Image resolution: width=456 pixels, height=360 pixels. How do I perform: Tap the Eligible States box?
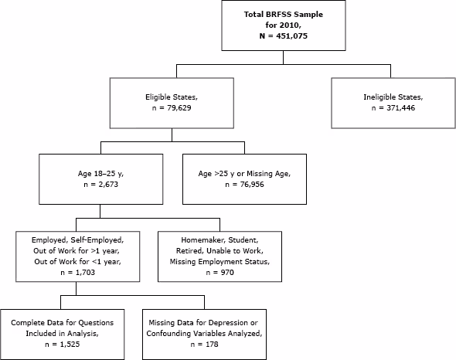[x=177, y=104]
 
